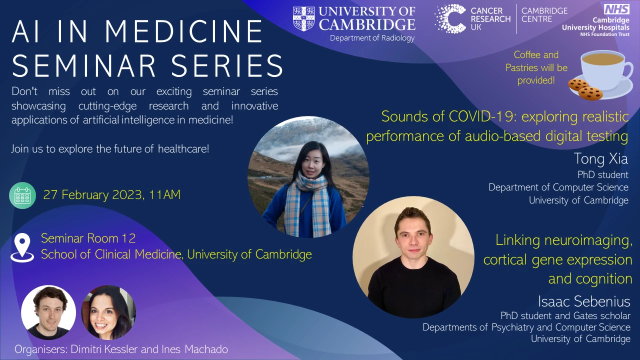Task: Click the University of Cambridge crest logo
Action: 303,18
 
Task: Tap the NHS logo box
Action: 616,8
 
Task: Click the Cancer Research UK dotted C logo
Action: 450,18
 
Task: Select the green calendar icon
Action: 22,195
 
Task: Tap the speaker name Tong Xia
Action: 600,159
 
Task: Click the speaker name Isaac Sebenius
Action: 584,301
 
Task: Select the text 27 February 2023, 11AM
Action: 111,195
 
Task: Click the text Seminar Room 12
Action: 88,238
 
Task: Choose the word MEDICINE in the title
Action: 183,32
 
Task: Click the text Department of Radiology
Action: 372,38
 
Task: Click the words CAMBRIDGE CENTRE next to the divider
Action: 544,15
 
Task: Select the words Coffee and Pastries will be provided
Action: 536,67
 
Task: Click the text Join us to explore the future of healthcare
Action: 110,149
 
